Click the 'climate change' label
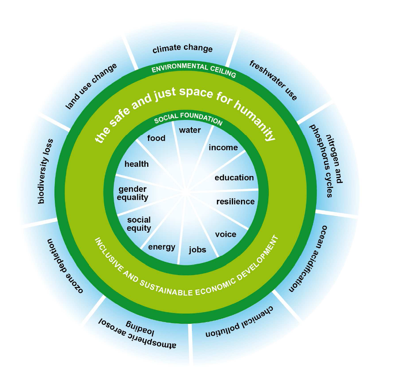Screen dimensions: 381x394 [x=182, y=49]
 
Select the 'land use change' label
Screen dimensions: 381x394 [x=91, y=86]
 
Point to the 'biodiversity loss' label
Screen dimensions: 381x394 [x=45, y=171]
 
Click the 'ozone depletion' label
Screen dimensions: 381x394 [x=64, y=266]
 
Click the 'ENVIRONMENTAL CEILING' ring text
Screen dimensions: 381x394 [x=194, y=69]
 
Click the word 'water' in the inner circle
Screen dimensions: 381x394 [x=190, y=130]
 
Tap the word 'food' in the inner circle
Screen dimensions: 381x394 [x=156, y=138]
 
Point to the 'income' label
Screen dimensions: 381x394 [x=223, y=148]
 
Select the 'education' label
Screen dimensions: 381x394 [x=234, y=178]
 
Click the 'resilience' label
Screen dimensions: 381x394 [x=235, y=202]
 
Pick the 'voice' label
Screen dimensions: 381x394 [x=225, y=234]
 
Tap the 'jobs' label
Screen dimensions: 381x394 [x=197, y=250]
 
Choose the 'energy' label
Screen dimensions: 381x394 [x=162, y=247]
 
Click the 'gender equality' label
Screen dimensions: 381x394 [x=133, y=193]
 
